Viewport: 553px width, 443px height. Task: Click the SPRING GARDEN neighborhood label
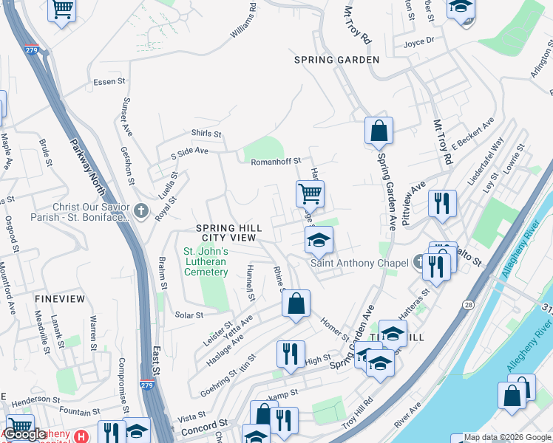coord(336,60)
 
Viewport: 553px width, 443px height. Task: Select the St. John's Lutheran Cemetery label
coord(206,261)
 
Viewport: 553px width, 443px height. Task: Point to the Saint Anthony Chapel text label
coord(359,264)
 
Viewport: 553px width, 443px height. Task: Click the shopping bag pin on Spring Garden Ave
coord(379,131)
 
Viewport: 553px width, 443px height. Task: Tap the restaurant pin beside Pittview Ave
coord(442,202)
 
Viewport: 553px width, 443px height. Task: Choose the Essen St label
coord(104,82)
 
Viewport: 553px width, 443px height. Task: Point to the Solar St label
coord(189,315)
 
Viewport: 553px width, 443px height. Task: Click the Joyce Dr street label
coord(418,42)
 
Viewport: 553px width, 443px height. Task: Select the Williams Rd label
coord(242,21)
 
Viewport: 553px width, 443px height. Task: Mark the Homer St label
coord(334,326)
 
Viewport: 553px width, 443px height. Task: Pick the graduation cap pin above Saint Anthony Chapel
coord(319,240)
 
